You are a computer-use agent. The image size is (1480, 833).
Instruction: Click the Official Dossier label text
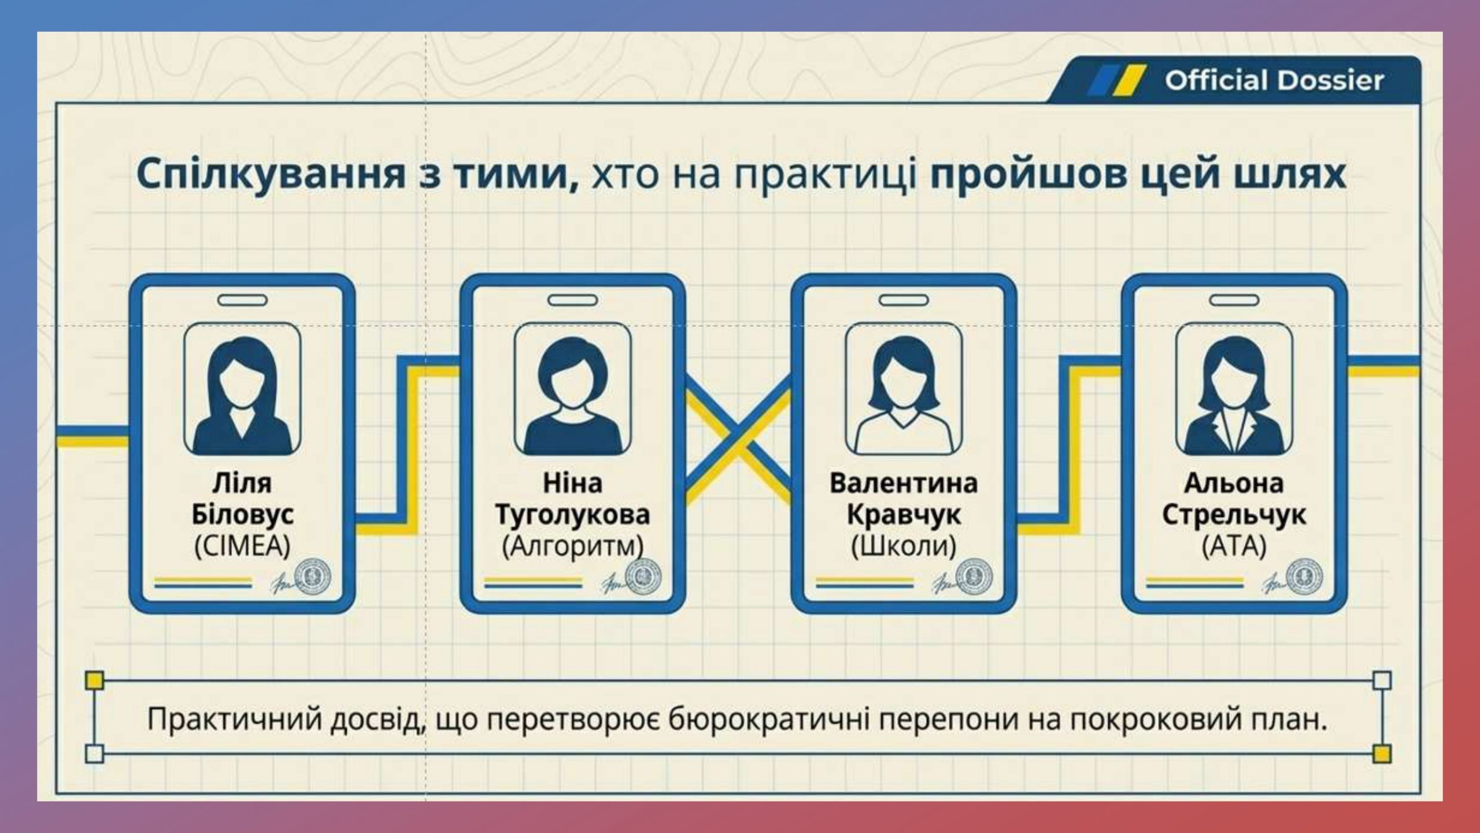coord(1274,80)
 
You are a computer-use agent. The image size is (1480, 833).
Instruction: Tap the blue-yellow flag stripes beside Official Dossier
coord(1116,80)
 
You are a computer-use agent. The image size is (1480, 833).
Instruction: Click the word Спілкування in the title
coord(271,174)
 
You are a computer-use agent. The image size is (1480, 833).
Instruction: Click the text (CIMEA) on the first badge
coord(242,546)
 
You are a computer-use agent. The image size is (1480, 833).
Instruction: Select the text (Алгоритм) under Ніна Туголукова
coord(572,546)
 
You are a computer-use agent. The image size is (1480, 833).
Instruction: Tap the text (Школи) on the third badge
coord(904,546)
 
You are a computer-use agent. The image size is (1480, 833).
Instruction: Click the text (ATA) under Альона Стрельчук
coord(1234,546)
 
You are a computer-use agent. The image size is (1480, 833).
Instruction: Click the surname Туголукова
coord(572,515)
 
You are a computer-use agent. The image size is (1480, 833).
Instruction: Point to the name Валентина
coord(904,483)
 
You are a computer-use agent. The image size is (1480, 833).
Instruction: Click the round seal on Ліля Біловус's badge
coord(313,577)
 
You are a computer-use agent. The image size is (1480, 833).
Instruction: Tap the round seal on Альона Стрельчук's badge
coord(1304,577)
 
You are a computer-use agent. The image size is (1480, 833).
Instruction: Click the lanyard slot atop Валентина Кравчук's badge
coord(904,300)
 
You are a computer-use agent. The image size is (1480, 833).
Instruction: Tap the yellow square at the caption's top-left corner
coord(94,680)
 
